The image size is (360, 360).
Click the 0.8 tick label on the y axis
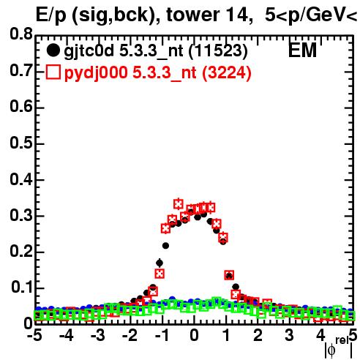tap(21, 34)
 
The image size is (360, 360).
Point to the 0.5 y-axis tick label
tap(21, 143)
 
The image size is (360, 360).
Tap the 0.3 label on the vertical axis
tap(21, 216)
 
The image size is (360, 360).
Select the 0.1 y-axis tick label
tap(21, 288)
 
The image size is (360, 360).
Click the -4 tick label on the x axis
tap(66, 336)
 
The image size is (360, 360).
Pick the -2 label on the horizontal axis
tap(130, 336)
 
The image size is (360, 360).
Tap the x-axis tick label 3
tap(289, 336)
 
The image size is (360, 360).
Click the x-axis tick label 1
tap(226, 336)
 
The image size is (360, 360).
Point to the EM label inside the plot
tap(302, 50)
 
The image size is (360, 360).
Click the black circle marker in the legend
tap(53, 50)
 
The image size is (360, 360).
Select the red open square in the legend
tap(53, 72)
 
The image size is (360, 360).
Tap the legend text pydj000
tap(96, 73)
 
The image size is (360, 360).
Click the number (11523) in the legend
tap(218, 51)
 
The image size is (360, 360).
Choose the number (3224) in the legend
tap(227, 72)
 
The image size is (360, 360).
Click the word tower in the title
tap(193, 15)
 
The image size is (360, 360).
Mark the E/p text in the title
tap(51, 16)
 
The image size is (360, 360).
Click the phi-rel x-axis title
tap(339, 348)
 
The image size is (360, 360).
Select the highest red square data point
tap(179, 204)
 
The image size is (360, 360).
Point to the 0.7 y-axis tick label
tap(21, 71)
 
